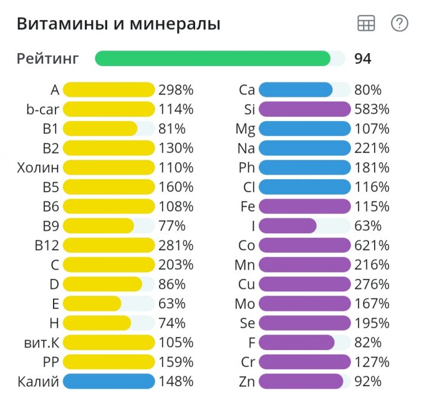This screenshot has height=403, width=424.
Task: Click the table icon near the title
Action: tap(366, 24)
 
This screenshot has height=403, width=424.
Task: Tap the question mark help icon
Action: tap(399, 24)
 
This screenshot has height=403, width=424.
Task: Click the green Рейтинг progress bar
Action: tap(213, 59)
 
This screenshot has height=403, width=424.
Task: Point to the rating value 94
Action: tap(363, 59)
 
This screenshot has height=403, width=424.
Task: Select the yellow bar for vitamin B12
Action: tap(108, 245)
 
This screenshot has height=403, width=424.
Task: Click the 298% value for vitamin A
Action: tap(176, 90)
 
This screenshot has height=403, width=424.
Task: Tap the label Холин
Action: tap(38, 168)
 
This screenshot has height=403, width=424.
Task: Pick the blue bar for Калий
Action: tap(108, 381)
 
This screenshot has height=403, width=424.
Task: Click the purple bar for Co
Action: tap(304, 245)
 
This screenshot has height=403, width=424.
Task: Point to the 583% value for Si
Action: tap(372, 109)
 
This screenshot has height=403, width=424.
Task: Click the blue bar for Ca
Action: tap(296, 90)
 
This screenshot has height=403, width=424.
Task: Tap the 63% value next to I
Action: tap(367, 226)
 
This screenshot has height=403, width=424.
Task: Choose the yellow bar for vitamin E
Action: tap(92, 304)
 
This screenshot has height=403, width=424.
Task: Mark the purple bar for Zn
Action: tap(301, 381)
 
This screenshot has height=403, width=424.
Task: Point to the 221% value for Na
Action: tap(372, 148)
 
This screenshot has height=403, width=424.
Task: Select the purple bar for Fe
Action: tap(304, 206)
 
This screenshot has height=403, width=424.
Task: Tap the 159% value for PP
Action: tap(176, 362)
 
